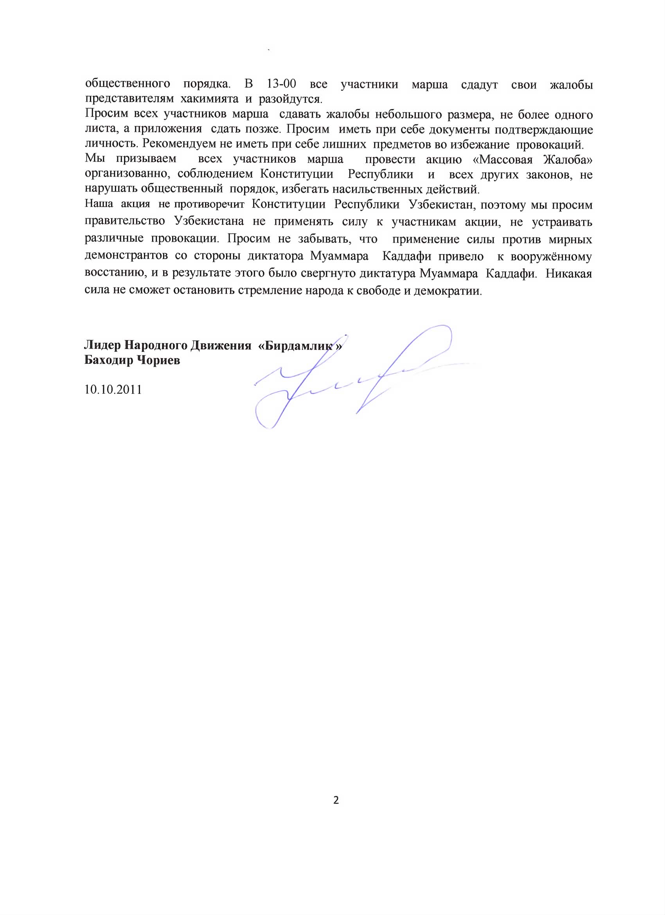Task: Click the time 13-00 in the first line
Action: click(282, 84)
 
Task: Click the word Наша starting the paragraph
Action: click(99, 205)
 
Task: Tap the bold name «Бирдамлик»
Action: click(300, 346)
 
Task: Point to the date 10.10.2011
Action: click(113, 390)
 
